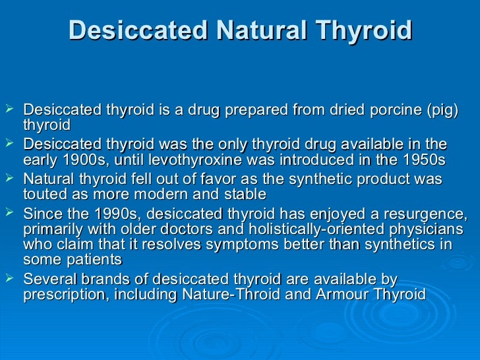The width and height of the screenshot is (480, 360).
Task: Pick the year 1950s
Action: [x=419, y=160]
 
